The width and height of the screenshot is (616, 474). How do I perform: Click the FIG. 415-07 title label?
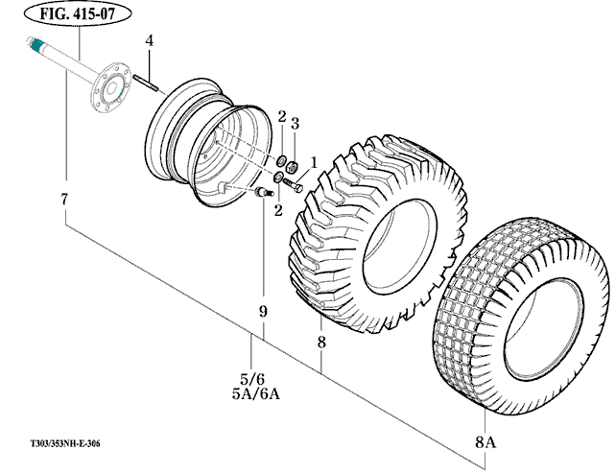pyautogui.click(x=78, y=13)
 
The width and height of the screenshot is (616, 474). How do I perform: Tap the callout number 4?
pyautogui.click(x=150, y=40)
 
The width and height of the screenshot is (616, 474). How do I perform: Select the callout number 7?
pyautogui.click(x=65, y=200)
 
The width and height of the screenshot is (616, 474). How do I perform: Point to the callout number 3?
pyautogui.click(x=295, y=124)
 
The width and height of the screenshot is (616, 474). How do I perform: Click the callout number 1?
pyautogui.click(x=314, y=162)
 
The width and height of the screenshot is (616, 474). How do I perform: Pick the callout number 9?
pyautogui.click(x=263, y=312)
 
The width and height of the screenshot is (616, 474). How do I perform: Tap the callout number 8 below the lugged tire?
pyautogui.click(x=321, y=342)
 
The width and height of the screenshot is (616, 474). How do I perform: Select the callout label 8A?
pyautogui.click(x=486, y=442)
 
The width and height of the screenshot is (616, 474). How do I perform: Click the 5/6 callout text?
pyautogui.click(x=252, y=379)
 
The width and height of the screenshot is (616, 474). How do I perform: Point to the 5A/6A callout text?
pyautogui.click(x=256, y=394)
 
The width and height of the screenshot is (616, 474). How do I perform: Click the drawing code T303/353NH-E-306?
pyautogui.click(x=65, y=443)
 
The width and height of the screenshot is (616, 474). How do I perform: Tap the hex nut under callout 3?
pyautogui.click(x=292, y=167)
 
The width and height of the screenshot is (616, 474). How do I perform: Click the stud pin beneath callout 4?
pyautogui.click(x=145, y=83)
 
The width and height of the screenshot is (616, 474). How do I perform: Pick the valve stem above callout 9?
pyautogui.click(x=265, y=192)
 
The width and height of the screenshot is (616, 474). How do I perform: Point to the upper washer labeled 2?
pyautogui.click(x=281, y=160)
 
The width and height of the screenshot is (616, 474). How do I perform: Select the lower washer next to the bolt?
pyautogui.click(x=278, y=178)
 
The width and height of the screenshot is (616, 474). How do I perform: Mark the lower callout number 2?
pyautogui.click(x=278, y=211)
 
